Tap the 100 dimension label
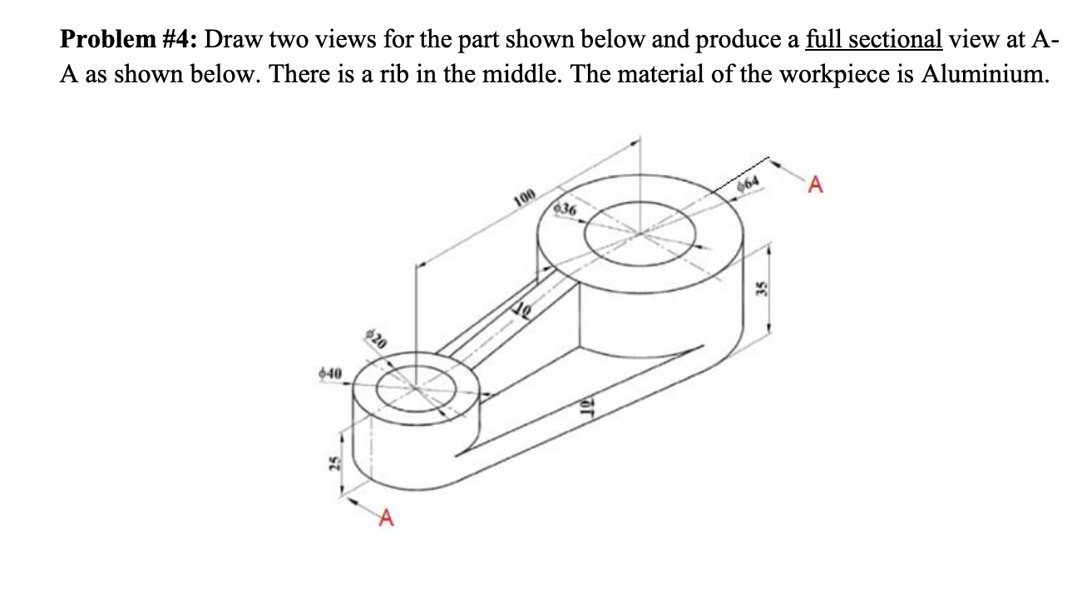pyautogui.click(x=523, y=198)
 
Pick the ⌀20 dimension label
pyautogui.click(x=377, y=339)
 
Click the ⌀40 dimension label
pyautogui.click(x=331, y=376)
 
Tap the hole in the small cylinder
pyautogui.click(x=413, y=387)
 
